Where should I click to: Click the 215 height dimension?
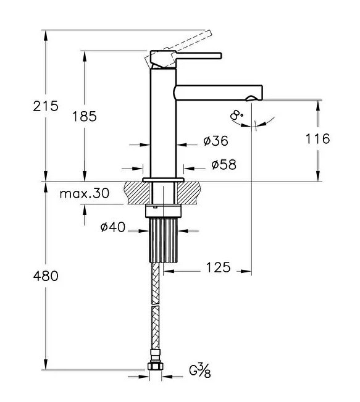tap(46, 106)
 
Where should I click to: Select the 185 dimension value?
tap(85, 116)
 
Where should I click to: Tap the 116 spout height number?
tap(317, 139)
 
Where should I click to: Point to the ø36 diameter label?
tap(216, 141)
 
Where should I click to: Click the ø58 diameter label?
tap(224, 165)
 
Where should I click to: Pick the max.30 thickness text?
tap(85, 193)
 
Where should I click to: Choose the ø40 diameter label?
tap(113, 227)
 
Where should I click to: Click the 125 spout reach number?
tap(219, 267)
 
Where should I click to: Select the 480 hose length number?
tap(46, 276)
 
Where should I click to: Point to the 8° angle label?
tap(237, 115)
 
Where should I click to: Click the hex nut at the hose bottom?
tap(156, 366)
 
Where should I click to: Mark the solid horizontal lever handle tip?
tap(221, 56)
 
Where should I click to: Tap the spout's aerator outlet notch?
tap(251, 98)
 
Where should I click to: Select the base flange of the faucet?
tap(164, 180)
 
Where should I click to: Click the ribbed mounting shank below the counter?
tap(164, 240)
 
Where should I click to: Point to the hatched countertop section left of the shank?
tap(136, 193)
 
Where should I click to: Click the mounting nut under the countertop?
tap(164, 211)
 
